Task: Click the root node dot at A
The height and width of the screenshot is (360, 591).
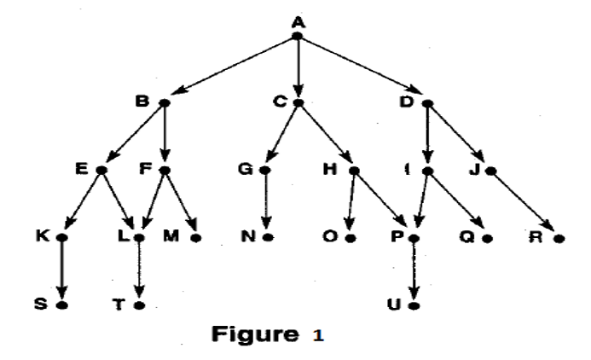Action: tap(298, 36)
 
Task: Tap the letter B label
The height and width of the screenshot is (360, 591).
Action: tap(144, 101)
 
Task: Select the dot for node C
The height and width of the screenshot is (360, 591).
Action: tap(298, 102)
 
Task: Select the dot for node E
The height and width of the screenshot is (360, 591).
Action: tap(101, 170)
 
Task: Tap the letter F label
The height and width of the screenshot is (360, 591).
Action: tap(145, 169)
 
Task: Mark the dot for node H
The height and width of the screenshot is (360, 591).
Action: tap(353, 171)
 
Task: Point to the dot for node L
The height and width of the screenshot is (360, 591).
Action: tap(137, 238)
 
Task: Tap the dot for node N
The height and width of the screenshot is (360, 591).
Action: tap(268, 238)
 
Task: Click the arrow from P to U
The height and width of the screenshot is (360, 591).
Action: tap(414, 271)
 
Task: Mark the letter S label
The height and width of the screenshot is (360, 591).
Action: tap(41, 304)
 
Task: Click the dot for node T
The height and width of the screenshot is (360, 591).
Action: tap(137, 305)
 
